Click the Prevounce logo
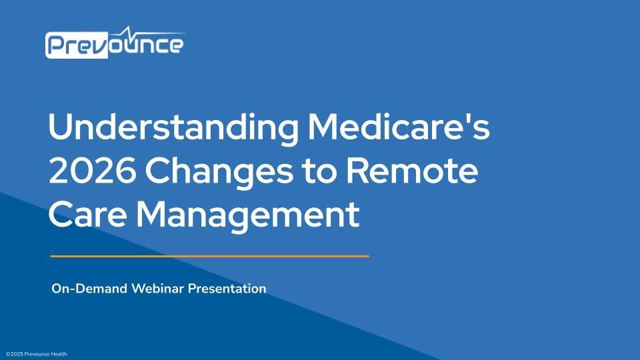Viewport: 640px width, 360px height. (115, 43)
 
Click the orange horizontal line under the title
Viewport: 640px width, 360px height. (209, 255)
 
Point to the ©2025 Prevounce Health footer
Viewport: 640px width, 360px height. (36, 354)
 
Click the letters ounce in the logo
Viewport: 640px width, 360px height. (145, 46)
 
